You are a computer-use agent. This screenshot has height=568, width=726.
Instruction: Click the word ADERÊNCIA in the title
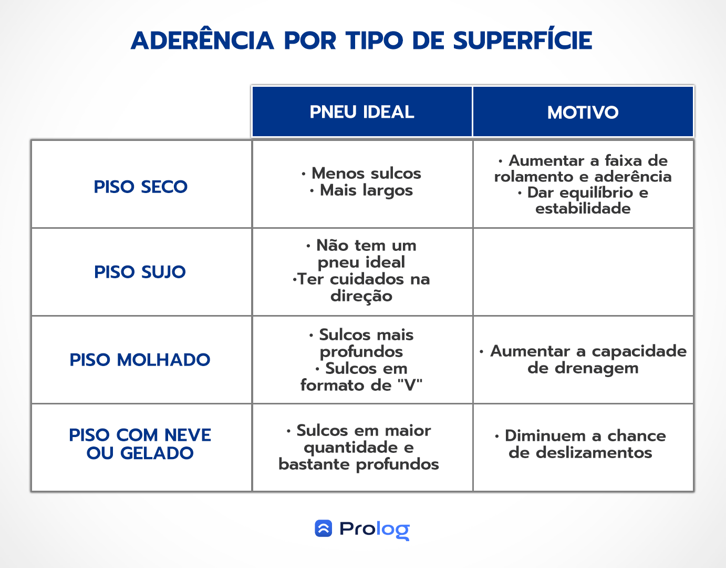coord(202,40)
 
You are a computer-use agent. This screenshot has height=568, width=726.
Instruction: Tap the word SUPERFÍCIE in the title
coord(523,40)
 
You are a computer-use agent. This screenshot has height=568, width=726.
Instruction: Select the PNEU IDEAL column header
coord(362,112)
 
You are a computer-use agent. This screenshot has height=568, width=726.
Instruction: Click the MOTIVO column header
coord(583,112)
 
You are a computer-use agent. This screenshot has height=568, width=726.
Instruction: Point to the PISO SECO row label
coord(141,187)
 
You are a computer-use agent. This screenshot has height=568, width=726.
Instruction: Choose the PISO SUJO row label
coord(140,272)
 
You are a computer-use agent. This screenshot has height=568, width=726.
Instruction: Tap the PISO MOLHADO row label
coord(140,360)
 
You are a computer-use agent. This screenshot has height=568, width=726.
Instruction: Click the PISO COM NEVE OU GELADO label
coord(140,444)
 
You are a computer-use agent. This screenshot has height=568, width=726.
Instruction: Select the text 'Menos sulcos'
coord(366,173)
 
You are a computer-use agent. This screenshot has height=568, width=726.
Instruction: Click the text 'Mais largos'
coord(366,190)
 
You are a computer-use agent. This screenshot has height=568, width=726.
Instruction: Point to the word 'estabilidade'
coord(583,209)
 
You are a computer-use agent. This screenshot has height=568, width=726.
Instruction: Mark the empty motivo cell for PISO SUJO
coord(583,272)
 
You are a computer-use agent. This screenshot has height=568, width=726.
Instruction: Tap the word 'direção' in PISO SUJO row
coord(361,296)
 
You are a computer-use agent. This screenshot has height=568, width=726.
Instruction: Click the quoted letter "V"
coord(409,385)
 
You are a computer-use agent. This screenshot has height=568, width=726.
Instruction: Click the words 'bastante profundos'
coord(359,464)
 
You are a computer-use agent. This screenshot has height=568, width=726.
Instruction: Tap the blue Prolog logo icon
coord(324,529)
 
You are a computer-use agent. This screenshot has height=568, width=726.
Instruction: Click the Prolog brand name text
coord(374,529)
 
